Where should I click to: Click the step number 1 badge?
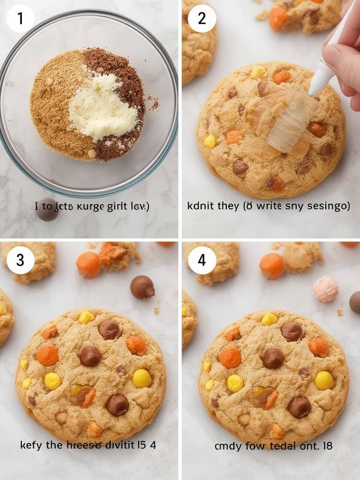(20, 19)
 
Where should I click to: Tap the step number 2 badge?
(202, 19)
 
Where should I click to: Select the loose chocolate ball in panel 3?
(142, 287)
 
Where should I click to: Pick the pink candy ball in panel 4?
(326, 289)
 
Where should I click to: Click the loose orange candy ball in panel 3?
(89, 265)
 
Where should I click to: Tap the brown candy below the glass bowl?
(48, 210)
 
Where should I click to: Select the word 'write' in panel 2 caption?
(260, 206)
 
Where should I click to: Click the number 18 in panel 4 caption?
(327, 445)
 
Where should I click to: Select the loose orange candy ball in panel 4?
(271, 266)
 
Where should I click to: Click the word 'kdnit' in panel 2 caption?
(200, 206)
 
